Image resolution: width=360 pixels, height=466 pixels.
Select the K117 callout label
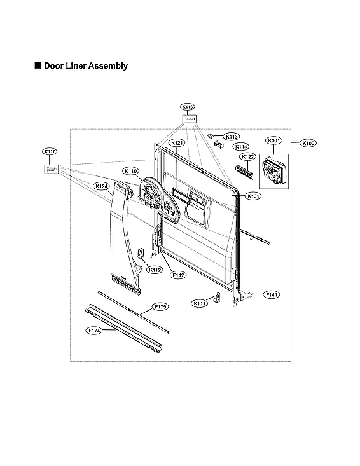click(x=50, y=151)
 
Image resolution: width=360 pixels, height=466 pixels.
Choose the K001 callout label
click(x=273, y=140)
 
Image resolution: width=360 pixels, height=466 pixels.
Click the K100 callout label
click(x=308, y=143)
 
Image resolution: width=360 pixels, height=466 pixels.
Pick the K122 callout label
click(x=247, y=156)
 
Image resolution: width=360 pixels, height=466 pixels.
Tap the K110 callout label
click(x=131, y=171)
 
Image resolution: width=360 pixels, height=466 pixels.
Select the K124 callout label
click(x=100, y=186)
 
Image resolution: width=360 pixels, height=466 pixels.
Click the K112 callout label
click(x=155, y=270)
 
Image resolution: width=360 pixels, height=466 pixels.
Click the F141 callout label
click(x=272, y=294)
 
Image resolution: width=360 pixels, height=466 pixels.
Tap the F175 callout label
click(x=161, y=307)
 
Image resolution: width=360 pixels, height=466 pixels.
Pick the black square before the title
click(x=38, y=65)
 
